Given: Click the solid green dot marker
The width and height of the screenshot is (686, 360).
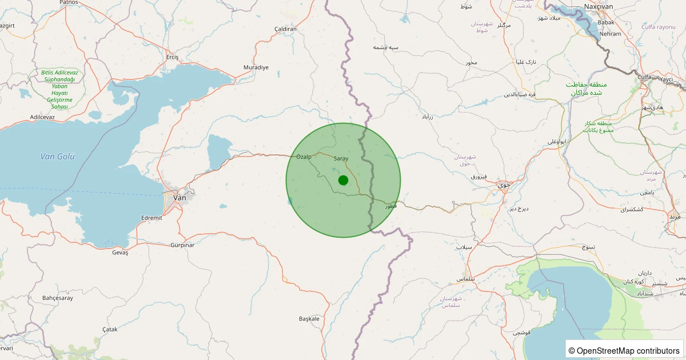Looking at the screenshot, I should click(343, 180).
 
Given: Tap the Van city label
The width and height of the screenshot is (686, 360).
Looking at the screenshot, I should click(180, 197).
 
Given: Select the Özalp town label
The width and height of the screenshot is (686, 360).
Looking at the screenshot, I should click(304, 157).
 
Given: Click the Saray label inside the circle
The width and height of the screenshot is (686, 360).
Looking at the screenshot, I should click(341, 158).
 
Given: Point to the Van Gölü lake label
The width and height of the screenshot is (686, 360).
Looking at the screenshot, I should click(58, 157).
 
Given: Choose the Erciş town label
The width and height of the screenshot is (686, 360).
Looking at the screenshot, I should click(172, 57).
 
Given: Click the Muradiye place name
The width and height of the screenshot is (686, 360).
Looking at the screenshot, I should click(256, 67).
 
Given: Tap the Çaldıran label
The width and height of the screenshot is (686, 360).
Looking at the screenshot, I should click(286, 29).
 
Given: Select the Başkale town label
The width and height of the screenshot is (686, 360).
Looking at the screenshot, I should click(309, 318).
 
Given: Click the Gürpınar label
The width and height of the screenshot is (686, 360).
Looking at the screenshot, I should click(182, 245).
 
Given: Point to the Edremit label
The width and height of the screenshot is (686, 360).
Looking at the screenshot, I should click(151, 218).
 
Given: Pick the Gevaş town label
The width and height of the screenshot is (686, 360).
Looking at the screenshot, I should click(120, 253).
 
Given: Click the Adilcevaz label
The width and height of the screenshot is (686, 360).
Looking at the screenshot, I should click(42, 117).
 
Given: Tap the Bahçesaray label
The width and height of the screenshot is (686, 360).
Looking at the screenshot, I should click(58, 298).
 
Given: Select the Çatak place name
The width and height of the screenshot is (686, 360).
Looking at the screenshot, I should click(109, 330).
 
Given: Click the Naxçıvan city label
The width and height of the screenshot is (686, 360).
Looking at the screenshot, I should click(599, 7).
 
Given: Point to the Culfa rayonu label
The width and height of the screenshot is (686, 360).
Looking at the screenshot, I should click(658, 27).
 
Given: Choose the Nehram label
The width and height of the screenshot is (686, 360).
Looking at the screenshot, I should click(610, 34).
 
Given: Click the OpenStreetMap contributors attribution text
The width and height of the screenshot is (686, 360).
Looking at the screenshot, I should click(625, 350).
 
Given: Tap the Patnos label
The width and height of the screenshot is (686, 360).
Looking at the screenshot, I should click(69, 2).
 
